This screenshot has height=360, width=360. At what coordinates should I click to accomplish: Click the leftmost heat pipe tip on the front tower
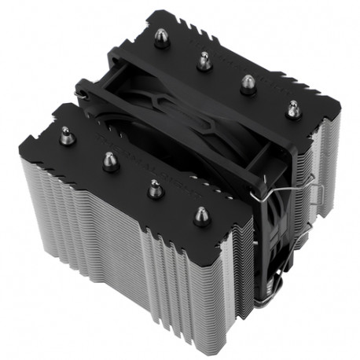[67, 136]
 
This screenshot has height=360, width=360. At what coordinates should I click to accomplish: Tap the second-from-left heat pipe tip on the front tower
[110, 162]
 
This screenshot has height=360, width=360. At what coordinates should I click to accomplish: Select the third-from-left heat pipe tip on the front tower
[155, 188]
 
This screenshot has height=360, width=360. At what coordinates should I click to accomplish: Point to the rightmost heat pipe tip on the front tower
[202, 215]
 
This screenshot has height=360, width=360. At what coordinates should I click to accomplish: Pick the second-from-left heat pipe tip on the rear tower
[204, 60]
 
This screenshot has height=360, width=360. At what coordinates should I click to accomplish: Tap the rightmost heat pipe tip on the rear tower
[292, 108]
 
